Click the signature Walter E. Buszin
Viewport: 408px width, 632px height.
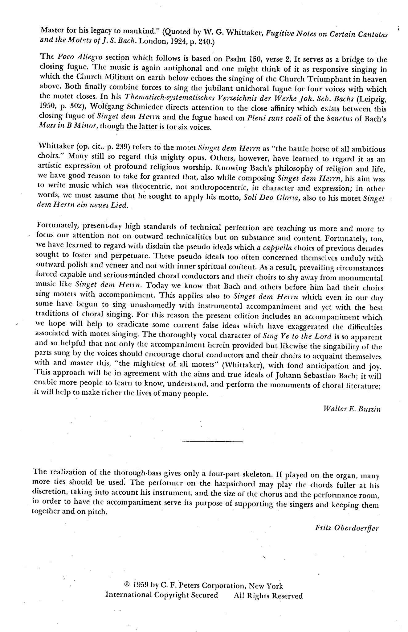[x=352, y=409]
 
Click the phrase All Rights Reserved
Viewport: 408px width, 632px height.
[x=268, y=595]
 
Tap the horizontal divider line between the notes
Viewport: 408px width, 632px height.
[x=212, y=442]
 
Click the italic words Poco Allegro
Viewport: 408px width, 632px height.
[x=75, y=57]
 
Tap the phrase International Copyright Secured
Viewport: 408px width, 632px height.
[x=161, y=595]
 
